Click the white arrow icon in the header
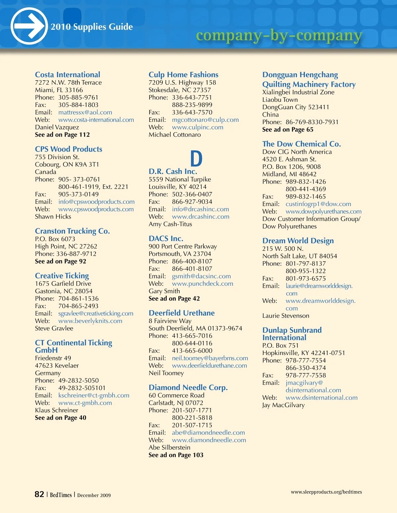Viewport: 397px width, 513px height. (29, 26)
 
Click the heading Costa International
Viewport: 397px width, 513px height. (67, 75)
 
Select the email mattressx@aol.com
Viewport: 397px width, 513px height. (85, 112)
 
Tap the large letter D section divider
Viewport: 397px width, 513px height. (196, 159)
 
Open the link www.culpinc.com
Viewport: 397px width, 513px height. (198, 127)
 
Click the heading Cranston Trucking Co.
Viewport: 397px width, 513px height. (72, 231)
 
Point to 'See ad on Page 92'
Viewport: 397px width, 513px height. (61, 261)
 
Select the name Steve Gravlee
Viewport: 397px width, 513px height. (54, 328)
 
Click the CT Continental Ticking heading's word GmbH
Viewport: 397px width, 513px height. (46, 350)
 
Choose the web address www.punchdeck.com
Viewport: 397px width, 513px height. (202, 283)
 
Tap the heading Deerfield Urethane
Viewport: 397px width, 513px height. (182, 313)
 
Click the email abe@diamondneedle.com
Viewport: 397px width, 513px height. (208, 432)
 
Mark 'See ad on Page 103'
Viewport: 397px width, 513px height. (176, 455)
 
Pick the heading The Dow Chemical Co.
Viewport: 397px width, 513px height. (301, 144)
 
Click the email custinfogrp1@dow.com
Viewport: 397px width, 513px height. (318, 204)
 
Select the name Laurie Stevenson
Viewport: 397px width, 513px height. (286, 315)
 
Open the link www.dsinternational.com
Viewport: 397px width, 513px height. (322, 397)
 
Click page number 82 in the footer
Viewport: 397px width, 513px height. (39, 494)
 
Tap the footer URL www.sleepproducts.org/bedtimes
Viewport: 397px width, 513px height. (326, 492)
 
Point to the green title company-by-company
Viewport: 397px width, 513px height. (279, 35)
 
